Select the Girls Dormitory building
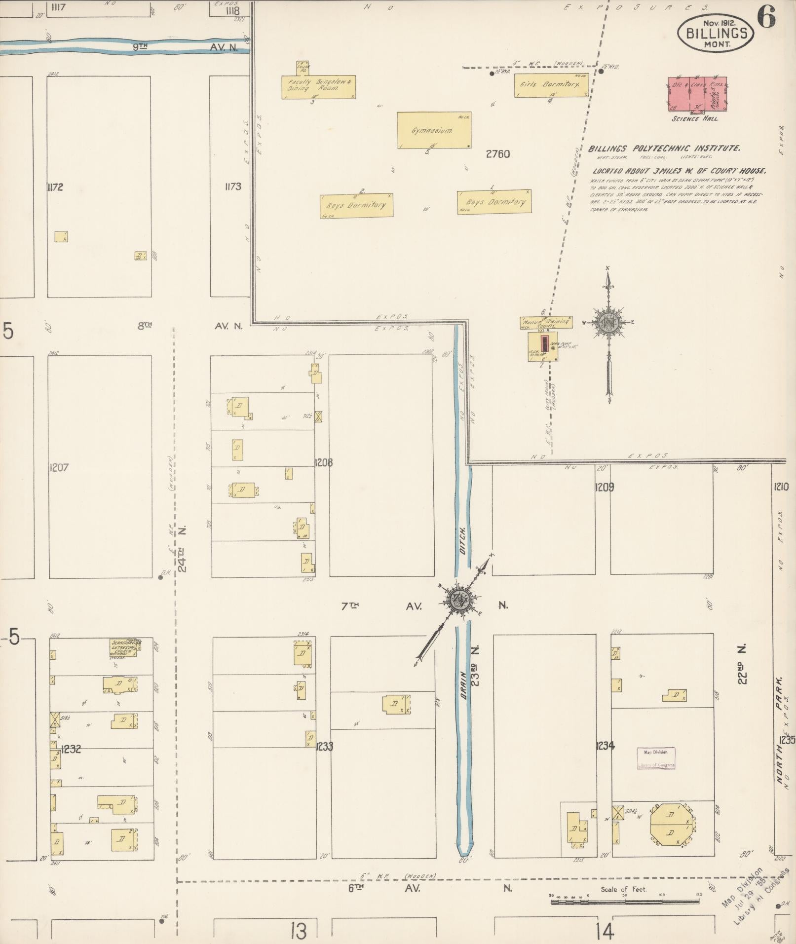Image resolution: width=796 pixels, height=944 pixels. pyautogui.click(x=551, y=85)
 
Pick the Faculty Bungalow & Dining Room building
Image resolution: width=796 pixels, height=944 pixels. pyautogui.click(x=319, y=87)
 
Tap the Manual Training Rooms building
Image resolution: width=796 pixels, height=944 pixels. pyautogui.click(x=546, y=322)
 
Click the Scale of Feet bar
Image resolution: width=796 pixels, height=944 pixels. pyautogui.click(x=625, y=902)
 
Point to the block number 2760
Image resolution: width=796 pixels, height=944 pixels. pyautogui.click(x=497, y=154)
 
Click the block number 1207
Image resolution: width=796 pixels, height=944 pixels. pyautogui.click(x=59, y=467)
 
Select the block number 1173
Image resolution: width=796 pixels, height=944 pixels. pyautogui.click(x=232, y=187)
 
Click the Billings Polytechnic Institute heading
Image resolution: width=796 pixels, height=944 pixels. pyautogui.click(x=664, y=148)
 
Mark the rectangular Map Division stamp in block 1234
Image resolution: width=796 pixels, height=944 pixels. pyautogui.click(x=656, y=758)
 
